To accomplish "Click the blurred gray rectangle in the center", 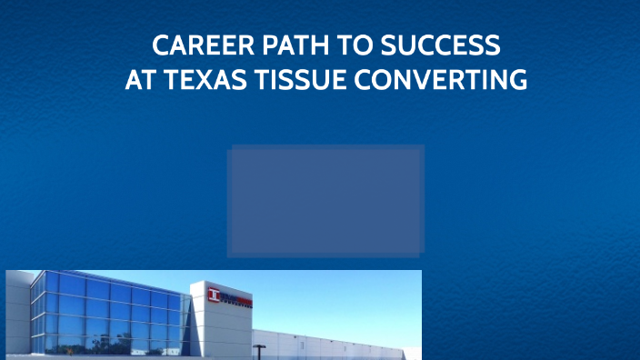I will [x=325, y=201].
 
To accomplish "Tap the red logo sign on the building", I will [x=229, y=295].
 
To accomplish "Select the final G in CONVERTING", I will [x=518, y=81].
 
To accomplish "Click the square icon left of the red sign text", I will [x=215, y=295].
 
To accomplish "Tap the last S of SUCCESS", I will [x=492, y=45].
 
